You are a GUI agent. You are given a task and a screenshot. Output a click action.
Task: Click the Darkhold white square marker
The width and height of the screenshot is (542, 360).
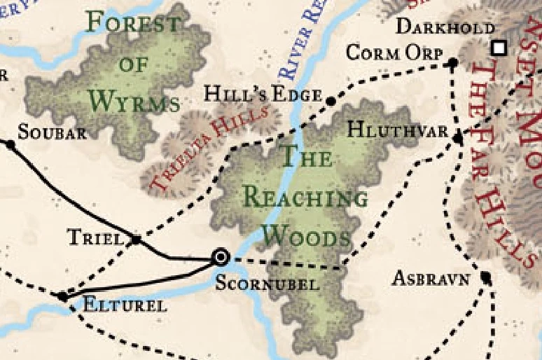499,48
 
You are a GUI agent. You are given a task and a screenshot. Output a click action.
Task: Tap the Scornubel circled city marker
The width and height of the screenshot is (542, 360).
221,258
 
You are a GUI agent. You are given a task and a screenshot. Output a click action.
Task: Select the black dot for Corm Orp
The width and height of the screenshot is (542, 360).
452,64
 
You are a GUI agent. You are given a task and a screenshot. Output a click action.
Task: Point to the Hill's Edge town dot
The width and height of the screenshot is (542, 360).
331,102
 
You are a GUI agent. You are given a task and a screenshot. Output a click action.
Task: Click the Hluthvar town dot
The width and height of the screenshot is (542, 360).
458,139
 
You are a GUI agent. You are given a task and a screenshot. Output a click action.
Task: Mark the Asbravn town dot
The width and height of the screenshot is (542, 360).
486,278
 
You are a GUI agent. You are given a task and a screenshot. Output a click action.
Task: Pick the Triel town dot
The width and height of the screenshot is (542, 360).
137,240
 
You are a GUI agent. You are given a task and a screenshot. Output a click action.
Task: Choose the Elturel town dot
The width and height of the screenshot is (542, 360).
63,297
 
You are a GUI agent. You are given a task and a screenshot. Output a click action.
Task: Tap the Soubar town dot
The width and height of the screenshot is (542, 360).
10,145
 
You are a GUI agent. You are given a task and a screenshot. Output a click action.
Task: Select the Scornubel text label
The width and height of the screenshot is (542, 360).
267,284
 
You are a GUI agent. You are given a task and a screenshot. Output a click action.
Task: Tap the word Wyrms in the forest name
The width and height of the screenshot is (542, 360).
134,102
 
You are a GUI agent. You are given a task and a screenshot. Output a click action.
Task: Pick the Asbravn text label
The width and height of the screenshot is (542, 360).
430,278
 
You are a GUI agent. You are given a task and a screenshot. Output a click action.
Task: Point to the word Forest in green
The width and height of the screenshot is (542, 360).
132,24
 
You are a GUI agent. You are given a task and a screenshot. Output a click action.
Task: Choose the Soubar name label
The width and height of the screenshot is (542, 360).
52,132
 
